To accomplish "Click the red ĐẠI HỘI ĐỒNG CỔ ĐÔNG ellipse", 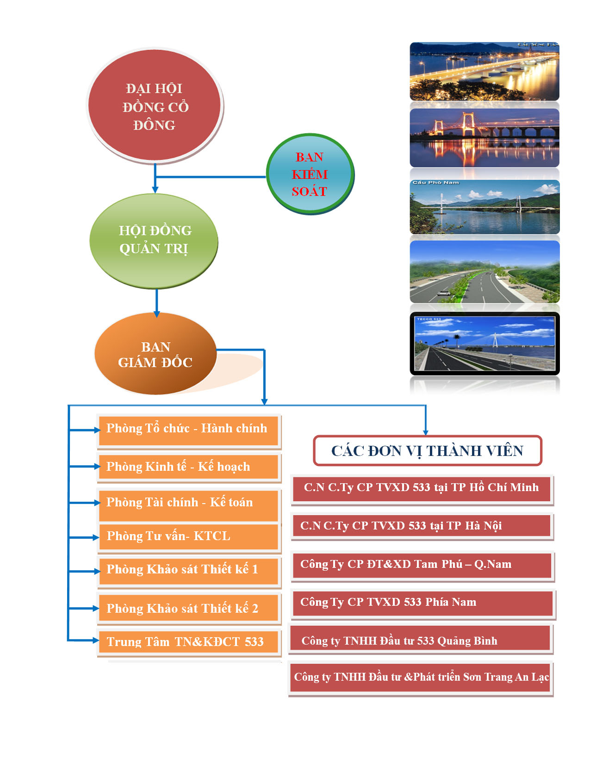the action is (x=154, y=105).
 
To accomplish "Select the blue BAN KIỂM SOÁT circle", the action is (x=310, y=173).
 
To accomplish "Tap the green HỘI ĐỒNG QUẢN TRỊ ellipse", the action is (x=154, y=241).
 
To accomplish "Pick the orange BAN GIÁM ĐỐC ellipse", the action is (x=155, y=353).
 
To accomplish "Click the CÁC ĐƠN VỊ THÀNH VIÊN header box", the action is (x=427, y=450).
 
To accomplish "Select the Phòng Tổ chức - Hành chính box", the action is (x=188, y=431).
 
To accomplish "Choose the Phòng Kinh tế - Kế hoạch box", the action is (x=188, y=467).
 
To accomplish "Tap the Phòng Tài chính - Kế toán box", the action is (x=188, y=505).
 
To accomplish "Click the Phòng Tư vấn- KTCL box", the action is (x=188, y=536).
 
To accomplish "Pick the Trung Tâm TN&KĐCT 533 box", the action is (x=188, y=642).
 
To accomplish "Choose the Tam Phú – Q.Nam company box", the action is (x=422, y=566).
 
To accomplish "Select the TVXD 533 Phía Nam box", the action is (x=423, y=603).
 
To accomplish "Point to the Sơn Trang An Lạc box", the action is (x=420, y=677).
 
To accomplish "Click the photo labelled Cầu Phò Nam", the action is (x=484, y=207).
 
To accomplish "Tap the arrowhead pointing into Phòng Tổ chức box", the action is (x=97, y=430).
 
